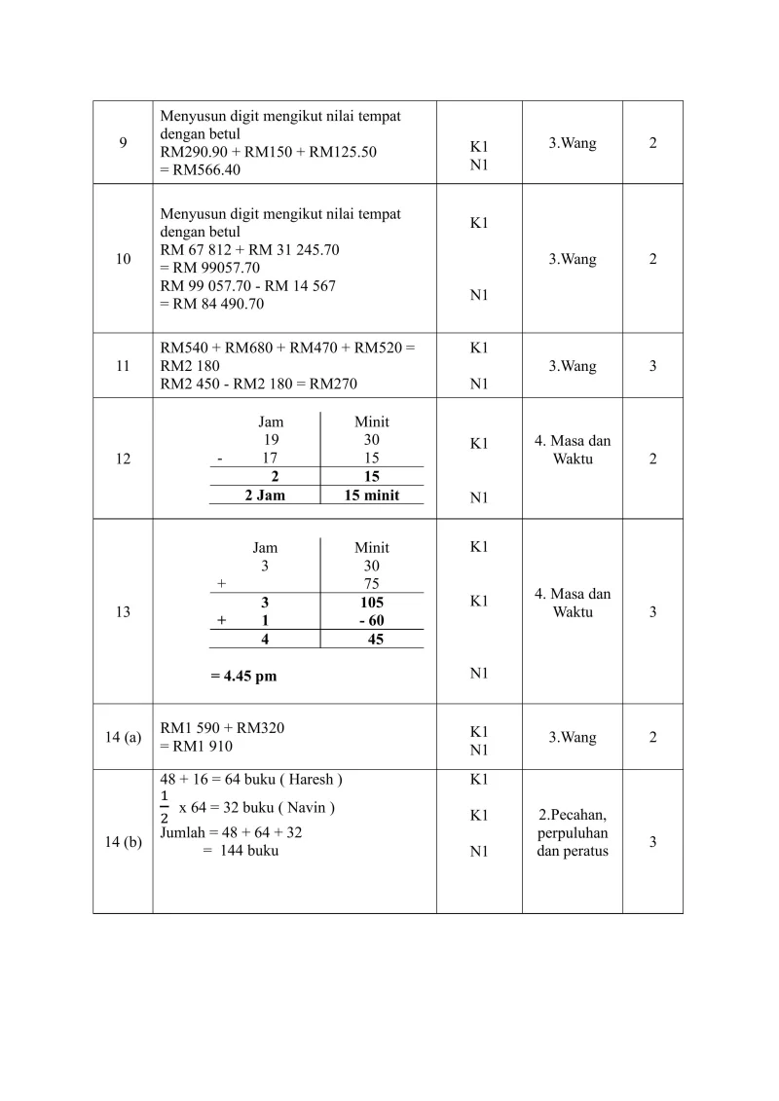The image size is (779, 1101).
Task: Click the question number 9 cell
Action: (123, 143)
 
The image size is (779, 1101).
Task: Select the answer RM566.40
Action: (203, 170)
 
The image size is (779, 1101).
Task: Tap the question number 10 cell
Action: (123, 259)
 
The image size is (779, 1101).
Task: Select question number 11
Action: (123, 366)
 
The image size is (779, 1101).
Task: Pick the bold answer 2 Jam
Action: (264, 495)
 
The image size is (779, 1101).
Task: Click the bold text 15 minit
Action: (371, 495)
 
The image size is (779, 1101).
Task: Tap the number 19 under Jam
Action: (273, 440)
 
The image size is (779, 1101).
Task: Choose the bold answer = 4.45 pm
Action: (250, 676)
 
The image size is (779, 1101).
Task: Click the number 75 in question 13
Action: (371, 584)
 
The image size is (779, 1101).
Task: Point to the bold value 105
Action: (371, 603)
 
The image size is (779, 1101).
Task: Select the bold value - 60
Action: (371, 620)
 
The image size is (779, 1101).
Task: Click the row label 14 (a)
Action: (123, 737)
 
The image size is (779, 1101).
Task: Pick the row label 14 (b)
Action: (123, 842)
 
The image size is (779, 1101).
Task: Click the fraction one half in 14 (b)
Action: (165, 808)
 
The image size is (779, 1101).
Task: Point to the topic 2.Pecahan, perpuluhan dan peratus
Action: (573, 832)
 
